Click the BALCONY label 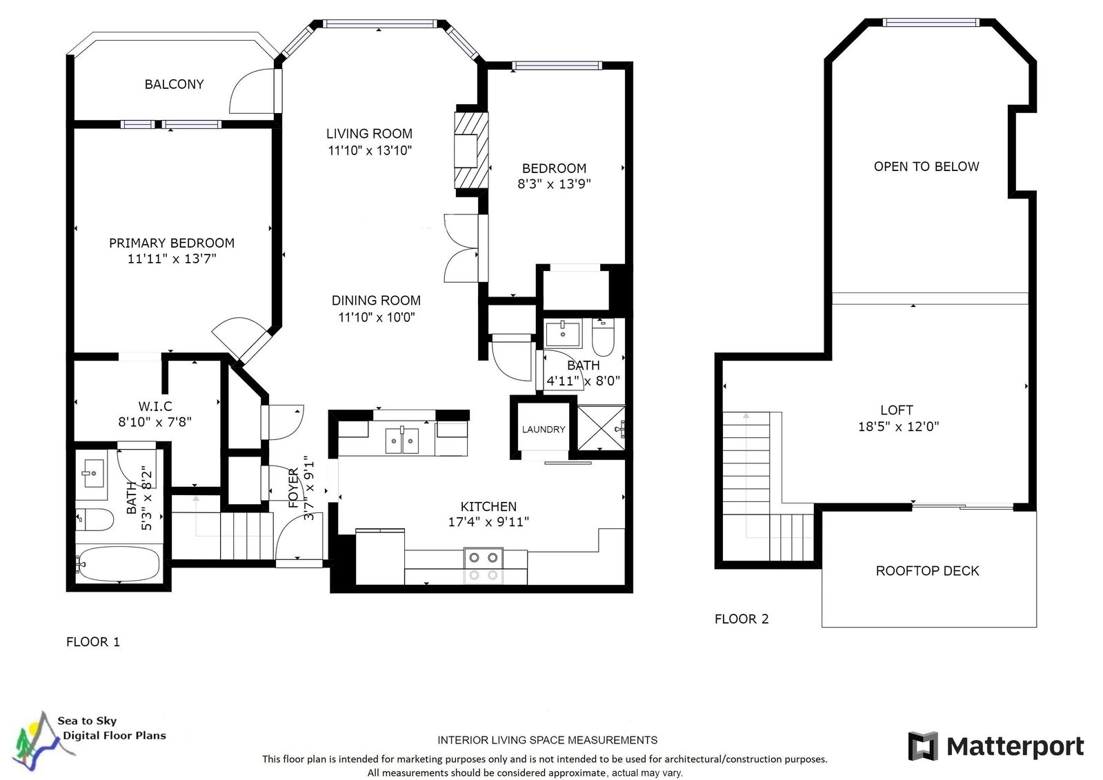coord(174,84)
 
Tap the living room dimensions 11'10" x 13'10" coord(370,150)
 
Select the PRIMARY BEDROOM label coord(171,243)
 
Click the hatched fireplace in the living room coord(471,150)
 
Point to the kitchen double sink coord(401,440)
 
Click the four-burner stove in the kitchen coord(483,566)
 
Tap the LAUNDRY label coord(544,430)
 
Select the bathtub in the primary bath coord(119,564)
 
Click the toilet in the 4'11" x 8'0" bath coord(603,337)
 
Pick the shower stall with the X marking coord(602,428)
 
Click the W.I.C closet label coord(155,406)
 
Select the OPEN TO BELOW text coord(926,166)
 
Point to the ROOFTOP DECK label coord(927,571)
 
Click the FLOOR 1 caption coord(93,641)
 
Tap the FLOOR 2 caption coord(742,619)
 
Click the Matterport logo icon coord(923,746)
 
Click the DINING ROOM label coord(376,301)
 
